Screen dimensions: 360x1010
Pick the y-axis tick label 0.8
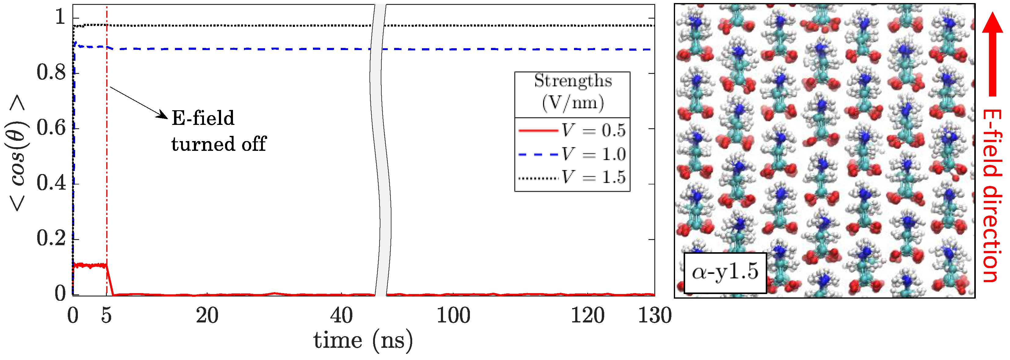[51, 73]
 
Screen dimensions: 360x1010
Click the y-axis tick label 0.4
[51, 184]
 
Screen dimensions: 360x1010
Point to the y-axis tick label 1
[60, 18]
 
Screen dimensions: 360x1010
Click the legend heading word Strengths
[573, 81]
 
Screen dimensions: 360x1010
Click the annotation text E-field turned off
[218, 131]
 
